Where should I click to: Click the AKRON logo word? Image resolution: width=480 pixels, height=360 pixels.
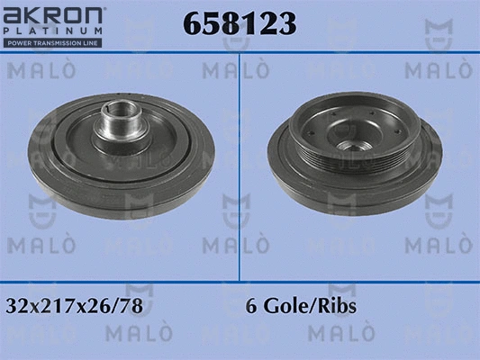click(x=55, y=16)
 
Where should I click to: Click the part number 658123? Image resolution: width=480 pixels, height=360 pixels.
click(x=239, y=24)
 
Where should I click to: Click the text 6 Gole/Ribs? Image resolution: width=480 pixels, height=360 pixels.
click(x=301, y=306)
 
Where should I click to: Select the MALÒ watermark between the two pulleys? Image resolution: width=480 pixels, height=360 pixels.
click(x=236, y=244)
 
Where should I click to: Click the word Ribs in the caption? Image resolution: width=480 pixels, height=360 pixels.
click(x=339, y=306)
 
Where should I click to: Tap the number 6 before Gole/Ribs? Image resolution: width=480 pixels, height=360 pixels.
click(x=250, y=306)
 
